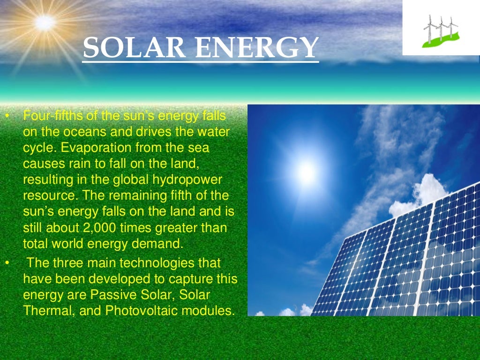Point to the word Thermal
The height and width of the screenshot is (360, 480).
pyautogui.click(x=45, y=311)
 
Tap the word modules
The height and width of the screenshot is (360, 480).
pyautogui.click(x=211, y=311)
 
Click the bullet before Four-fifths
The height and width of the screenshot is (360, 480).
pyautogui.click(x=7, y=116)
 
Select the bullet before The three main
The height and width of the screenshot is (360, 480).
pyautogui.click(x=7, y=262)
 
